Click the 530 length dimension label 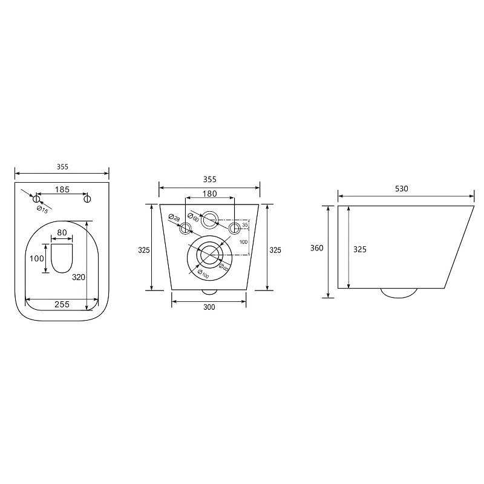[402, 189]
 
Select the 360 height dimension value [316, 248]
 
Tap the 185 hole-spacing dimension [62, 189]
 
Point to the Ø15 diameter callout [42, 210]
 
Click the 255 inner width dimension [62, 304]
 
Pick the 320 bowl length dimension [79, 277]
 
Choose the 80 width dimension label [62, 232]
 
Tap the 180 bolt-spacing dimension [209, 194]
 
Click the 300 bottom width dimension [209, 307]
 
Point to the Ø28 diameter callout [174, 218]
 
